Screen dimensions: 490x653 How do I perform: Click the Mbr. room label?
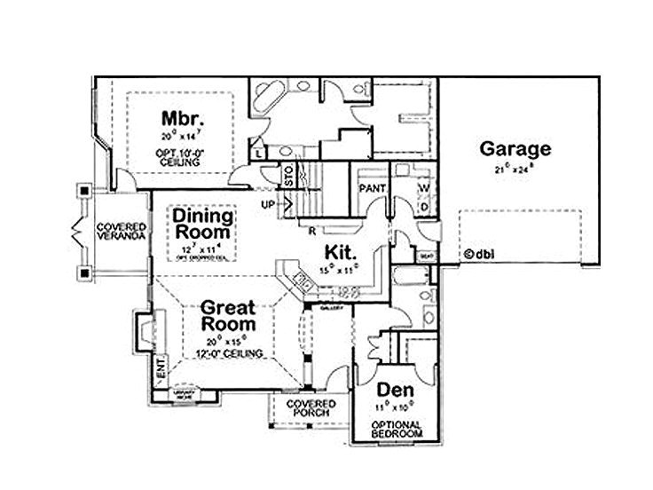[184, 119]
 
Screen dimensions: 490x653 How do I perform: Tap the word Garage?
[515, 149]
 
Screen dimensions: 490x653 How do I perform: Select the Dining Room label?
[203, 224]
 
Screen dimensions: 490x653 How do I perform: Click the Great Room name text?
[227, 317]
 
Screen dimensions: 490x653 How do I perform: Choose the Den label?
[395, 390]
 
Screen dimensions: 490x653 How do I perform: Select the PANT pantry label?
[370, 189]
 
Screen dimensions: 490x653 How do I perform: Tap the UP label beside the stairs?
[268, 204]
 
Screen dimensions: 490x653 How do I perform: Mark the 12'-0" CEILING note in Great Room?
[226, 353]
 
